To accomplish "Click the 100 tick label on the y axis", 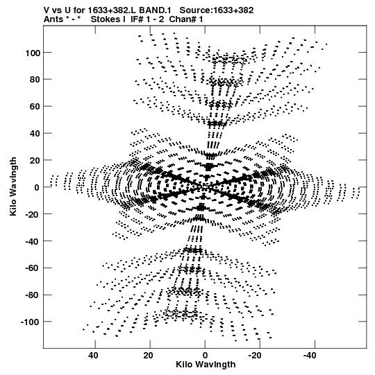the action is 32,53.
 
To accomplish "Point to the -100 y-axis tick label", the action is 30,322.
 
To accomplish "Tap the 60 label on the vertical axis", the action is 35,107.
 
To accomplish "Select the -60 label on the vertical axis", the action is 32,268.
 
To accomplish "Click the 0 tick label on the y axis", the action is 37,187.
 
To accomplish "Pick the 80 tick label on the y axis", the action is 35,80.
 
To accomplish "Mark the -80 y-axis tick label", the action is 32,295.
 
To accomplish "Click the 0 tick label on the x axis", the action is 205,356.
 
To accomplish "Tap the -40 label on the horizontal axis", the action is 310,356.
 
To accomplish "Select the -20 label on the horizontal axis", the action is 255,356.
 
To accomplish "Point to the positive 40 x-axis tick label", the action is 93,356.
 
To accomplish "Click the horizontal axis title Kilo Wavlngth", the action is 206,365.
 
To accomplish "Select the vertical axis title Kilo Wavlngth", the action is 13,186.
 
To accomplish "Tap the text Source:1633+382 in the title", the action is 217,10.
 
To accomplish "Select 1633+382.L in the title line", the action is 112,10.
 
